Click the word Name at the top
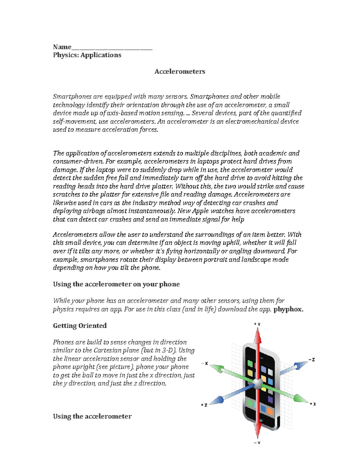pyautogui.click(x=62, y=47)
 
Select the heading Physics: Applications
pyautogui.click(x=87, y=55)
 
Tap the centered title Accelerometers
pyautogui.click(x=180, y=71)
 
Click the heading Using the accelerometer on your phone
pyautogui.click(x=116, y=284)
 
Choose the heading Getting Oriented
pyautogui.click(x=80, y=326)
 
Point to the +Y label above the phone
pyautogui.click(x=257, y=324)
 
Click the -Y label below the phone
pyautogui.click(x=257, y=443)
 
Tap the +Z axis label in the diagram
pyautogui.click(x=204, y=405)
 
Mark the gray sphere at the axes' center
pyautogui.click(x=257, y=383)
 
